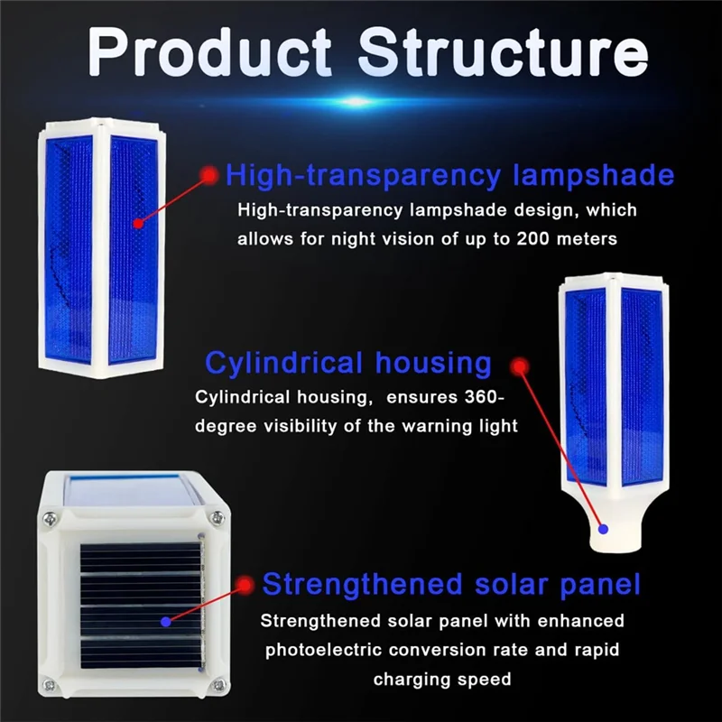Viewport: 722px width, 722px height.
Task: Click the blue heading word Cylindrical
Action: click(282, 363)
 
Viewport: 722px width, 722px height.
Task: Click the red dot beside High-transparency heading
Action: click(209, 175)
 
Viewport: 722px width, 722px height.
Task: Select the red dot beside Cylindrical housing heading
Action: click(518, 366)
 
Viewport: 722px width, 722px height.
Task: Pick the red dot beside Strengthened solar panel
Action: click(243, 585)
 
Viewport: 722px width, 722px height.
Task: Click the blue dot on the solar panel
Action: click(165, 621)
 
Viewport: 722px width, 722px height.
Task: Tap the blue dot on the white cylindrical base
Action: click(603, 530)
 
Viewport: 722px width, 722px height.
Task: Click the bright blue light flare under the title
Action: click(358, 101)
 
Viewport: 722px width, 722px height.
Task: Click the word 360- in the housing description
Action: click(479, 398)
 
